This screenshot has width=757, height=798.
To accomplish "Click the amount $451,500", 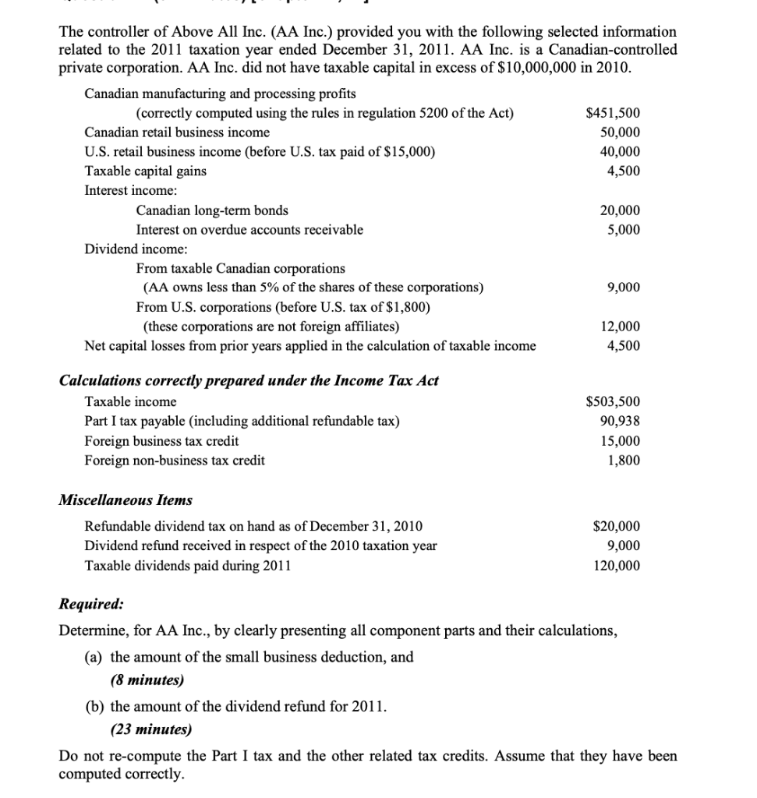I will click(613, 113).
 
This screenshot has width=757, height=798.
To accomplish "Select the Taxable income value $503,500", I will click(613, 402).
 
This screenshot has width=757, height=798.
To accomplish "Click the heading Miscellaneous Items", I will click(126, 500).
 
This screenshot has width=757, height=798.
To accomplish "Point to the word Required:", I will click(91, 604).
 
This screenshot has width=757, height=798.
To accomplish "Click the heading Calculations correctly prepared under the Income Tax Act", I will click(249, 380).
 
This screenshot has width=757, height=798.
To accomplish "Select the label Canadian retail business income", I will click(177, 132).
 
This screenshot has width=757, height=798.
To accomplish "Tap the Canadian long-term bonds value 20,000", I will click(621, 210).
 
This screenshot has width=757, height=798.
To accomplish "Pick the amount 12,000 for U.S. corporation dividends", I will click(621, 327).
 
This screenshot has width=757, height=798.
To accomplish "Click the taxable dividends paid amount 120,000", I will click(617, 565).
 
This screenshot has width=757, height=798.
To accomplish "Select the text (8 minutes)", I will click(147, 680).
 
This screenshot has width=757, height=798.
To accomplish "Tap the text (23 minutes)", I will click(150, 729).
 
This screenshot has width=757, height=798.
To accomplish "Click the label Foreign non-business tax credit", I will click(175, 461).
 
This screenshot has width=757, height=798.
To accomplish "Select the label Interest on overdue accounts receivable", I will click(249, 230).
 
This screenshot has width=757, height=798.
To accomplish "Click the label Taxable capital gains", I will click(146, 171).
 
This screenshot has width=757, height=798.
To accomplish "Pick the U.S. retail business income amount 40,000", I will click(621, 152).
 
